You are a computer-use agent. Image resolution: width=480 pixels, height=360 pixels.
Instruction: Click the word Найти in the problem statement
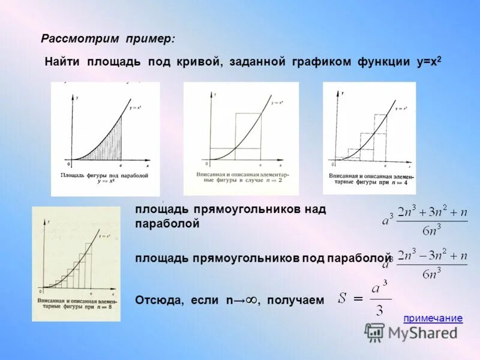[64, 62]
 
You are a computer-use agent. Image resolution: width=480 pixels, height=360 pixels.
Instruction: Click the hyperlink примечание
[433, 319]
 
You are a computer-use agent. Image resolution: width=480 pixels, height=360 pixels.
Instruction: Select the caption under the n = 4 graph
[369, 179]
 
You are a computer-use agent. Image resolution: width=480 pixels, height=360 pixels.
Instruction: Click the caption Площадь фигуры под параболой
[104, 176]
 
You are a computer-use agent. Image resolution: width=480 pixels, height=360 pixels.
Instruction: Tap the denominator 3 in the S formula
[378, 310]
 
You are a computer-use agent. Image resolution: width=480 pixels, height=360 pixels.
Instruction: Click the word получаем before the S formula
[295, 299]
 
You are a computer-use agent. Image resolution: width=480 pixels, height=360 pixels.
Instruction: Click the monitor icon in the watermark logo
[375, 332]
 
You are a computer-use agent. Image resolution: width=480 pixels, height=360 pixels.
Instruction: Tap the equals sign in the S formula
[359, 298]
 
